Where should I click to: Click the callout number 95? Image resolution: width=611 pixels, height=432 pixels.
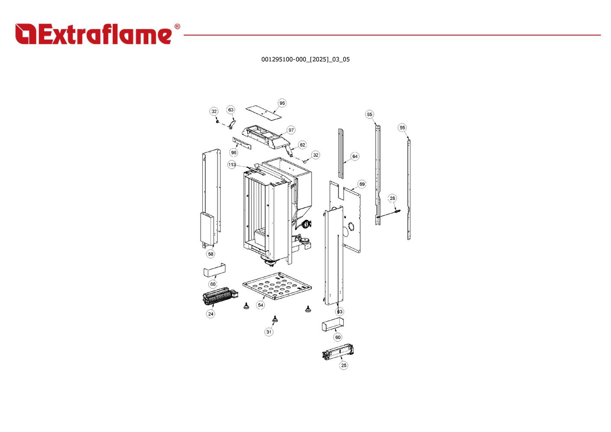coord(282,103)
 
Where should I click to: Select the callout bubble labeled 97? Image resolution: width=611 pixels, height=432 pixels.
coord(291,130)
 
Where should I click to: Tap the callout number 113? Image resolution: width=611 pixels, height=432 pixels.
coord(232,165)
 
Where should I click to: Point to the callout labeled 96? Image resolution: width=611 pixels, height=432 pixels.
coord(234,153)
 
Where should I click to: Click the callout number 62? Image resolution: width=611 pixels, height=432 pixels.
coord(302,145)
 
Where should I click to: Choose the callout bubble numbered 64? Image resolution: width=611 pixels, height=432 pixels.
coord(355,157)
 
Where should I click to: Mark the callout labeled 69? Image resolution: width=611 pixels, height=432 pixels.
coord(362,184)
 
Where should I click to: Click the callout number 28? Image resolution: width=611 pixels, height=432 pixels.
coord(392,198)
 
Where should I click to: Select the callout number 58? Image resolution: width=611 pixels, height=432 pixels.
coord(211,254)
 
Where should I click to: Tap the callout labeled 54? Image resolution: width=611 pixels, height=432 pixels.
coord(261,305)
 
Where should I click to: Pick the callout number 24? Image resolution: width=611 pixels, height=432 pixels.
coord(211,314)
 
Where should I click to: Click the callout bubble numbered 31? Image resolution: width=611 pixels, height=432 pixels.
coord(269,332)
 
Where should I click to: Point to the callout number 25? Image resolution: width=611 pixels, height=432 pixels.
coord(344,365)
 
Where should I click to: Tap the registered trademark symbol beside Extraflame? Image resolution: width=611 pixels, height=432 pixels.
coord(177,26)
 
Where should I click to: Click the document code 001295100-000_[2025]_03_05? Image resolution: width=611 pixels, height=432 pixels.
coord(305,59)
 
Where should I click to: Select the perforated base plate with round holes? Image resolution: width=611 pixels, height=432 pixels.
coord(277,286)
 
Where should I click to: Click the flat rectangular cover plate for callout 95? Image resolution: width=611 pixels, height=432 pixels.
coord(263,113)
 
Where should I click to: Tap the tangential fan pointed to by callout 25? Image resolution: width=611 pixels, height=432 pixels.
coord(338,351)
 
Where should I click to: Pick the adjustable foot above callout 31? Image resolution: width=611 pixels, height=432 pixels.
coord(275,319)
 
